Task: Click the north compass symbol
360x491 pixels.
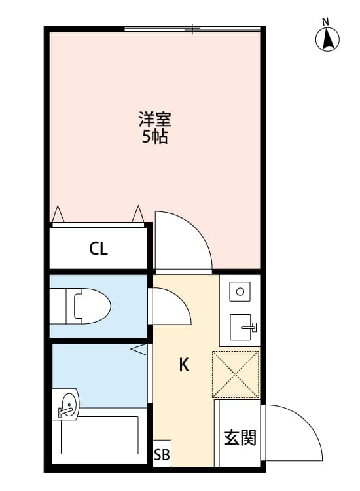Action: pyautogui.click(x=327, y=40)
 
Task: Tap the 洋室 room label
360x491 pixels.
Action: pyautogui.click(x=155, y=120)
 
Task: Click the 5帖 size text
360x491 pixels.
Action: pyautogui.click(x=155, y=137)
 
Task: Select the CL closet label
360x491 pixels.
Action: pyautogui.click(x=99, y=249)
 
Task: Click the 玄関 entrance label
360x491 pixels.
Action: pyautogui.click(x=240, y=437)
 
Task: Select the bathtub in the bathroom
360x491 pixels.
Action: pyautogui.click(x=99, y=435)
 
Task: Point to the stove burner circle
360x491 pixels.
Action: pyautogui.click(x=240, y=292)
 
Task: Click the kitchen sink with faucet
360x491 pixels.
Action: pyautogui.click(x=243, y=326)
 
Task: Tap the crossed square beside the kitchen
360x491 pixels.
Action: pyautogui.click(x=236, y=374)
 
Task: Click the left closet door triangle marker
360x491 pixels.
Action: pyautogui.click(x=58, y=213)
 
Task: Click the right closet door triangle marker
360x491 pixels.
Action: pyautogui.click(x=137, y=213)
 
